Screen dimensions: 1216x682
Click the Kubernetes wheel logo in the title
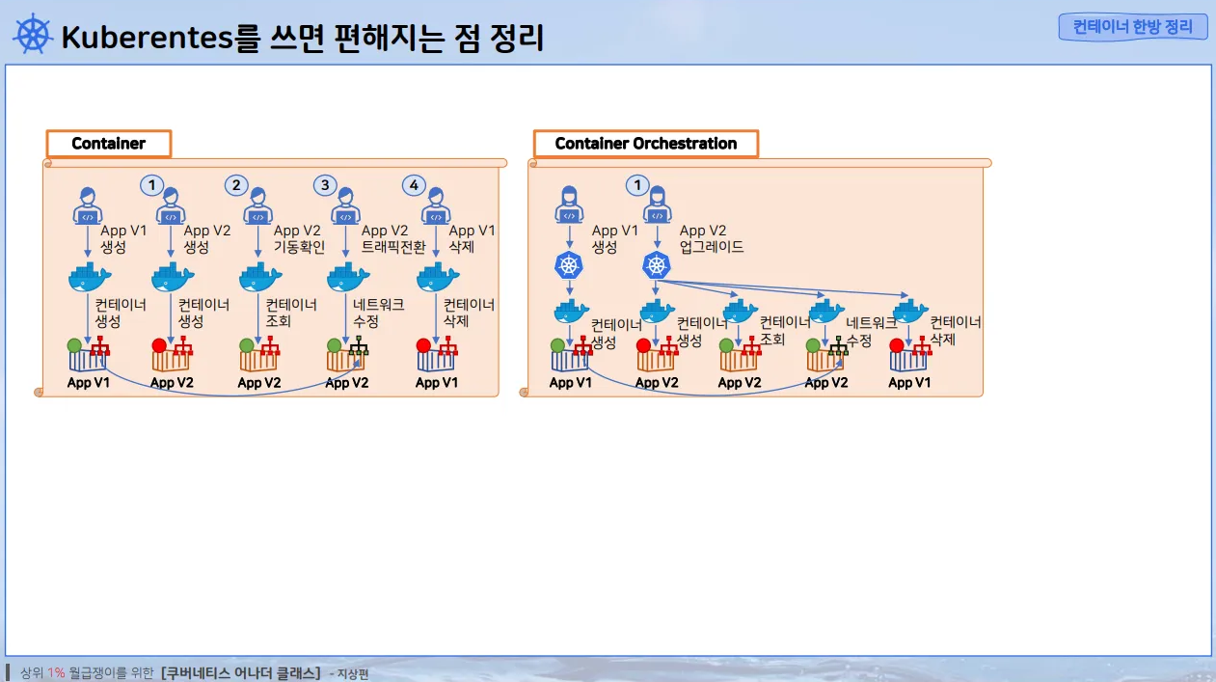pos(32,35)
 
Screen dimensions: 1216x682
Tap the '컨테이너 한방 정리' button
pos(1132,27)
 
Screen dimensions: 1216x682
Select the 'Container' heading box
pos(108,144)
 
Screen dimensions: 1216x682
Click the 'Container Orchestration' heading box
pos(645,144)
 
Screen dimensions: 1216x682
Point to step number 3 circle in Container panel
pos(325,184)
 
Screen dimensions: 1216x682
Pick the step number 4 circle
pos(414,184)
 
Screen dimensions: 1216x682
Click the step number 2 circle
pos(236,184)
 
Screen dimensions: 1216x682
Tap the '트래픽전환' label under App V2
pos(392,247)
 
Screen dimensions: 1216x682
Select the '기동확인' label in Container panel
pos(299,247)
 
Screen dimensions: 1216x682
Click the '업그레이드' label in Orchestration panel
pos(712,247)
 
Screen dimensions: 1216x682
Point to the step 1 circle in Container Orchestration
pos(635,184)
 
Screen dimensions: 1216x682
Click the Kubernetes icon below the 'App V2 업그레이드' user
pos(656,264)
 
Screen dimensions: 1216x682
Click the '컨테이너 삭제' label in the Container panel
pos(469,313)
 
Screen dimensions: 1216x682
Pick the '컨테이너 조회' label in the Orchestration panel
pos(785,331)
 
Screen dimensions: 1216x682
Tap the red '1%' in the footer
pos(56,672)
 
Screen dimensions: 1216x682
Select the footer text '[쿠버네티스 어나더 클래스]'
pos(241,672)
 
